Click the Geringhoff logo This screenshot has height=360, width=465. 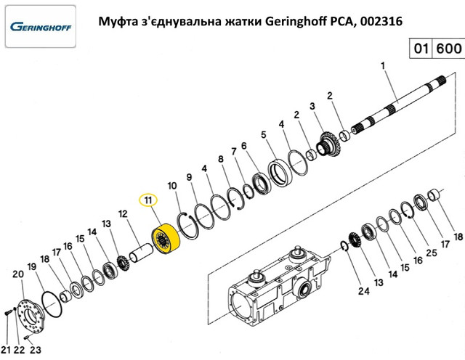(x=41, y=27)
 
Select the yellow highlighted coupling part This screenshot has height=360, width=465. (x=166, y=239)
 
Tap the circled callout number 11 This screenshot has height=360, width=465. (x=148, y=200)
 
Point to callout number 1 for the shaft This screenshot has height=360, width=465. (x=383, y=65)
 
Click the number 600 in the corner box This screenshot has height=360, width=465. (x=449, y=49)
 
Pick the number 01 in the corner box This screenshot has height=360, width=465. (x=421, y=49)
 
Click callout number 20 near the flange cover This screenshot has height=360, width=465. (x=18, y=274)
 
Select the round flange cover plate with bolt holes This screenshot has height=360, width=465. (x=31, y=316)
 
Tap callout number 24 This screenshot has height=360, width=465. (x=363, y=291)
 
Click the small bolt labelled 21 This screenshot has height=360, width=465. (x=8, y=312)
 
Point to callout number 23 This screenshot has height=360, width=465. (x=36, y=350)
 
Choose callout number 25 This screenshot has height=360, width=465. (x=431, y=253)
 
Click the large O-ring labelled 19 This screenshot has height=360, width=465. (x=52, y=304)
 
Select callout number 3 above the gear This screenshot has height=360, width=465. (x=312, y=106)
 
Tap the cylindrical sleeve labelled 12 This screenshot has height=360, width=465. (x=141, y=253)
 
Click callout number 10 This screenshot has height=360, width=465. (x=172, y=186)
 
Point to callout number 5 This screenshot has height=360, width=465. (x=264, y=135)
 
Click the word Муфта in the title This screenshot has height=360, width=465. (x=113, y=21)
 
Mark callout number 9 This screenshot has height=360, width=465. (x=189, y=177)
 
